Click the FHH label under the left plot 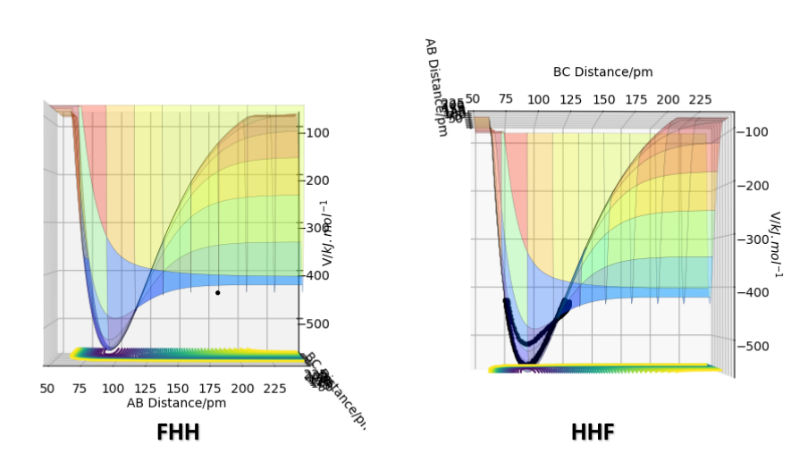point(178,432)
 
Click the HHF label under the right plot point(593,432)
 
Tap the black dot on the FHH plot point(217,292)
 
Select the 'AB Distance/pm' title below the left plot point(176,403)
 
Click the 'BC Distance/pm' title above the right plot point(602,72)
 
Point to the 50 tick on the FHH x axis point(47,389)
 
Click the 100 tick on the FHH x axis point(113,389)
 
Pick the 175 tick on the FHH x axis point(210,389)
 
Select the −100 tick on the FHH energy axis point(317,132)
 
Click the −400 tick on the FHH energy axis point(317,275)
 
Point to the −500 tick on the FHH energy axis point(317,323)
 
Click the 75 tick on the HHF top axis point(505,99)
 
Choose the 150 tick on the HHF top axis point(603,99)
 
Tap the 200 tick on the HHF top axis point(668,99)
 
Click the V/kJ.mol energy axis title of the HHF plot point(776,244)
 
